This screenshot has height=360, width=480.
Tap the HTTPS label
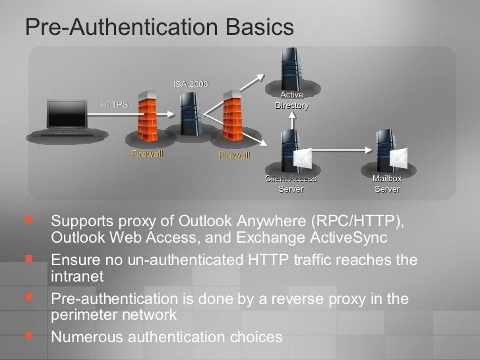pyautogui.click(x=113, y=104)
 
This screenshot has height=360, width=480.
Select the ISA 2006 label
pyautogui.click(x=191, y=84)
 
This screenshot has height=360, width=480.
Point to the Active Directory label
pyautogui.click(x=291, y=100)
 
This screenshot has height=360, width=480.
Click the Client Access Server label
pyautogui.click(x=291, y=184)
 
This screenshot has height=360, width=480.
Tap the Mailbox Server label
pyautogui.click(x=387, y=184)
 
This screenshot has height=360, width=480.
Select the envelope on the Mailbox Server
pyautogui.click(x=399, y=158)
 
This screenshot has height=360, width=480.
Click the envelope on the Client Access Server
pyautogui.click(x=303, y=158)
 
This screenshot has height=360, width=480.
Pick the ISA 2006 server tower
pyautogui.click(x=189, y=112)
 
